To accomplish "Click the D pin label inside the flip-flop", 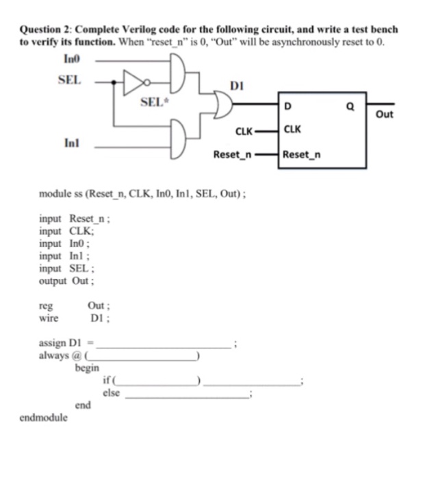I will click(x=287, y=106).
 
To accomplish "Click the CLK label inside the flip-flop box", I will click(x=292, y=129).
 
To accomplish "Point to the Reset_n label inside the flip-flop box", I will click(x=301, y=154).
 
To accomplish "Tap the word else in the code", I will click(x=110, y=393).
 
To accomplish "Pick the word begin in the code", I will click(x=88, y=368).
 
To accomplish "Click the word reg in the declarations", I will click(x=46, y=305).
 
